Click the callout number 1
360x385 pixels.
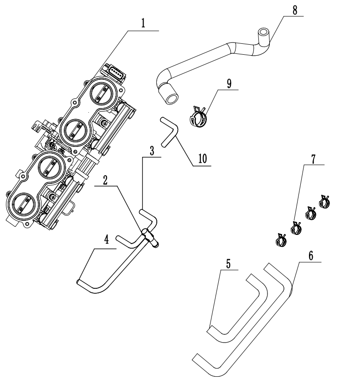click(x=143, y=24)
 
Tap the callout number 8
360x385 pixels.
click(x=295, y=10)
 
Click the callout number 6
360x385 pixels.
click(x=310, y=255)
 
